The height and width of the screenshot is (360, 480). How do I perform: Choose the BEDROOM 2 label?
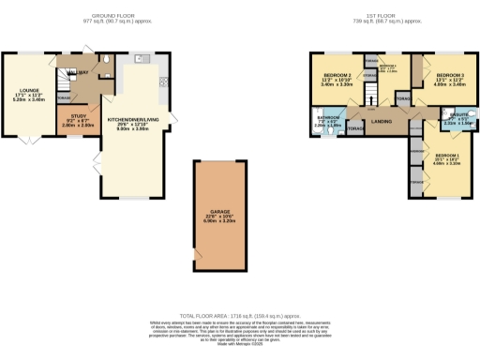337,75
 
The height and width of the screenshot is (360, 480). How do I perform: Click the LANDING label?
382,122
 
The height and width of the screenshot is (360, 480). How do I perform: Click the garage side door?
196,255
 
